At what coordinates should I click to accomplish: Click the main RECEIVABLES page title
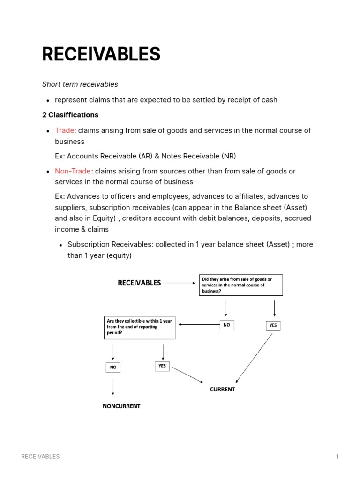point(101,55)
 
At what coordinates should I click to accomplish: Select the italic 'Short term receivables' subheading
point(80,84)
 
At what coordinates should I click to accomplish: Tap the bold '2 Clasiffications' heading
point(70,115)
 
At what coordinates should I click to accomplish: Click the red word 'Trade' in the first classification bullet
point(64,130)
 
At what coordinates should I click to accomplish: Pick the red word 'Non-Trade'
point(73,171)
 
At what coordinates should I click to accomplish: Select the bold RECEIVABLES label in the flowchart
point(139,283)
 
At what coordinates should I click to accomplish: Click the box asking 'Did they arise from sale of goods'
point(241,285)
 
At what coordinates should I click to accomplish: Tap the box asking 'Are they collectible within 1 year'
point(140,327)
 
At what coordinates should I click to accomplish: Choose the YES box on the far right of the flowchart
point(273,325)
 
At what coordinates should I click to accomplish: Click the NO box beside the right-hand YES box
point(226,324)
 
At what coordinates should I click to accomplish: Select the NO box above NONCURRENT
point(113,367)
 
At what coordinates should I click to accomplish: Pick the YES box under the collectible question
point(162,366)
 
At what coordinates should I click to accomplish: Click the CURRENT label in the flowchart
point(222,390)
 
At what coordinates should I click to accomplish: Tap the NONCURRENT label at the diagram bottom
point(121,406)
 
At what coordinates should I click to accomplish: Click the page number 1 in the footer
point(337,457)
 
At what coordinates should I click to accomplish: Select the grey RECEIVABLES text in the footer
point(40,457)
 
